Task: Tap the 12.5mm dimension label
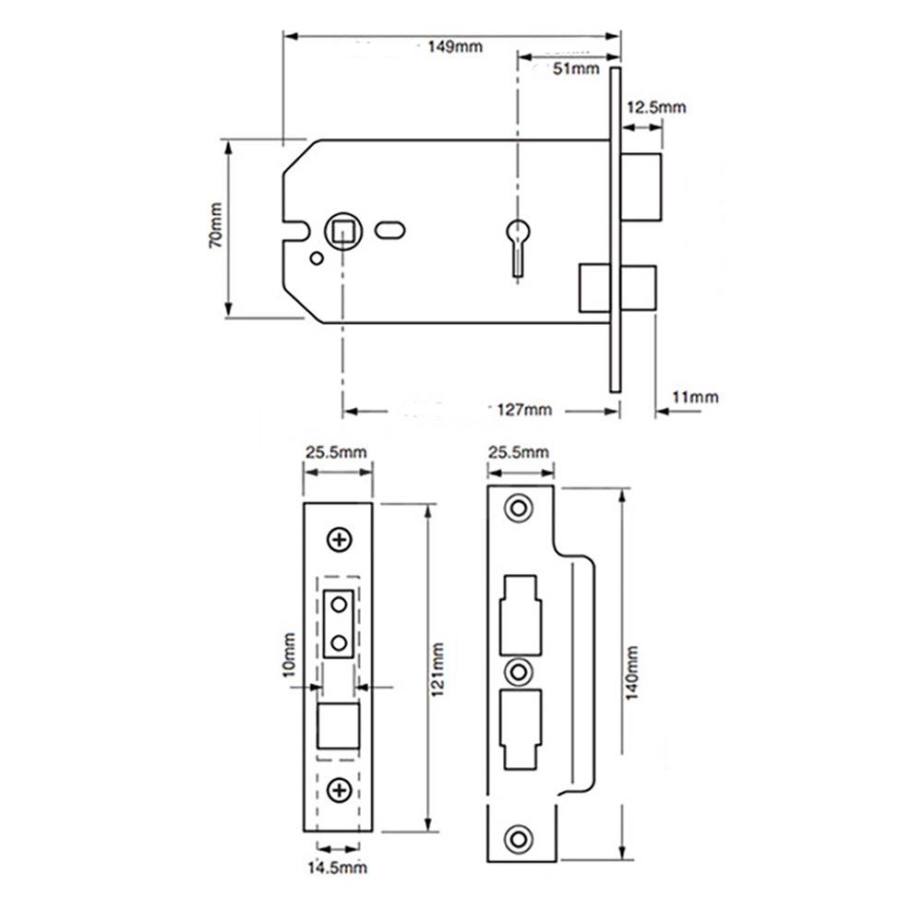(656, 107)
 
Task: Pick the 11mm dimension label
(695, 397)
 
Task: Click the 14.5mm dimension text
(337, 867)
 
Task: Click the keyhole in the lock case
(520, 241)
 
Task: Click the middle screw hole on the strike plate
(519, 670)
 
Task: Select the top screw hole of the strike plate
(519, 509)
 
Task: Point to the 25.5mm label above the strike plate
(518, 451)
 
